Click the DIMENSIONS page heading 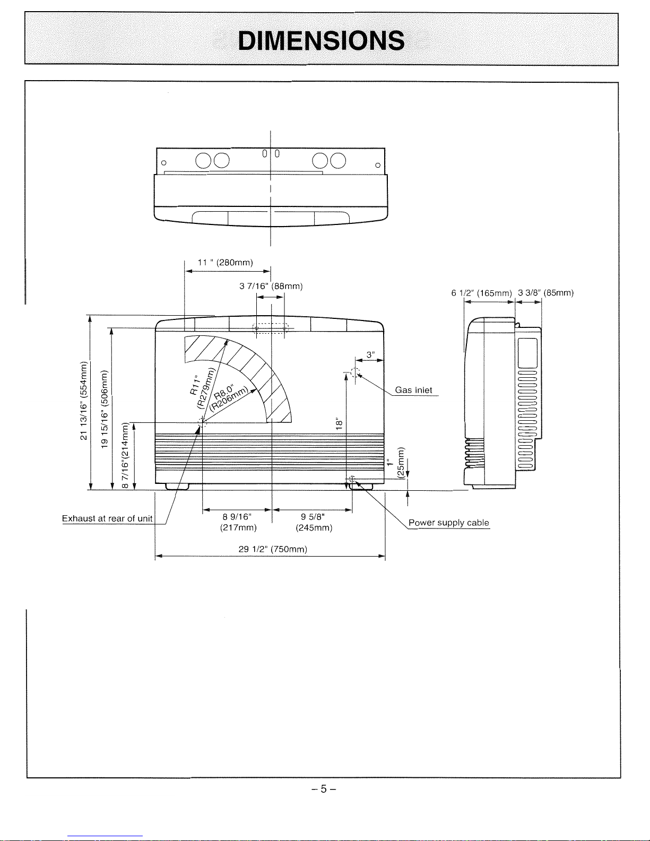coord(321,41)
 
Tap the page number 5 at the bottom coord(324,788)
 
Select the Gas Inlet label coord(413,390)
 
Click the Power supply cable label coord(449,523)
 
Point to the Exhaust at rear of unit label coord(107,518)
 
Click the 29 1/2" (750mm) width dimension coord(273,549)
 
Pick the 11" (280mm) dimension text coord(225,263)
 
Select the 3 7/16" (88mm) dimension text coord(271,286)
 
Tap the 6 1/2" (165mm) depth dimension coord(481,293)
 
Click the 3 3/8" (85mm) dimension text coord(545,292)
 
